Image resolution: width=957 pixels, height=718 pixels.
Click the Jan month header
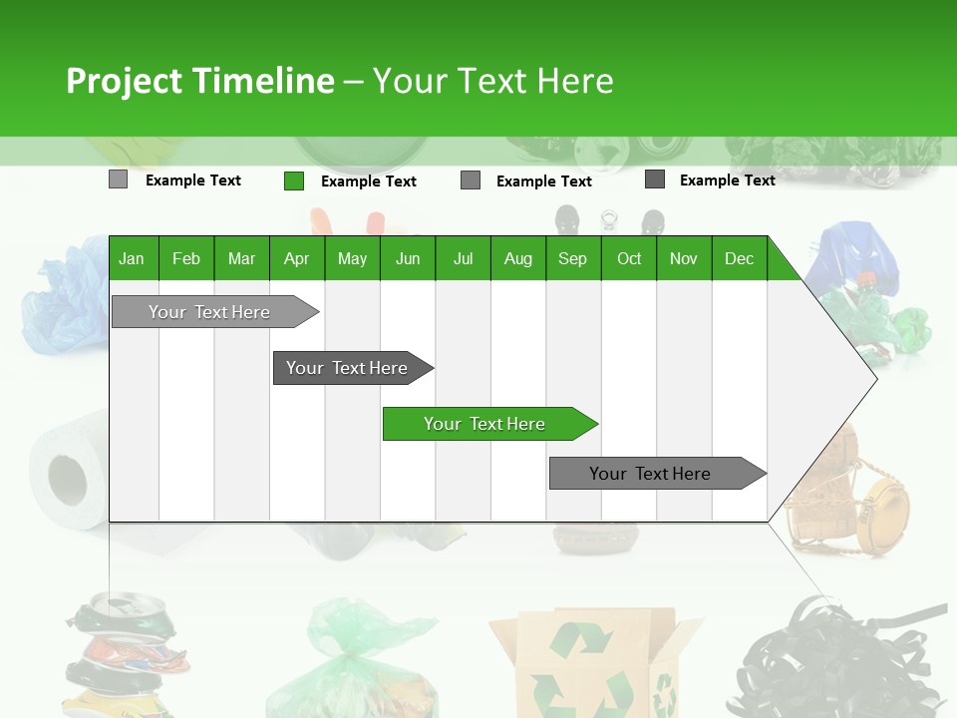coord(132,258)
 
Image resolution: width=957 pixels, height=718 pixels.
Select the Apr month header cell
coord(296,258)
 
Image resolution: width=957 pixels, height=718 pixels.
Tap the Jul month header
coord(463,258)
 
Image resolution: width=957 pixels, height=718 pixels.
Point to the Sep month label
coord(572,258)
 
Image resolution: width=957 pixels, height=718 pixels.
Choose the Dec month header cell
coord(739,258)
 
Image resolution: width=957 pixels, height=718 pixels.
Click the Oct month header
coord(629,258)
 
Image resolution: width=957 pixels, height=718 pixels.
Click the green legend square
coord(293,180)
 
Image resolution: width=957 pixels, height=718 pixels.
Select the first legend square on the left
coord(118,179)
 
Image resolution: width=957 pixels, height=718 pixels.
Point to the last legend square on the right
coord(655,179)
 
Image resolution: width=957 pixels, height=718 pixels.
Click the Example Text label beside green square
coord(368,181)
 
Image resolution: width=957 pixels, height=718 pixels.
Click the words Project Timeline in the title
coord(199,81)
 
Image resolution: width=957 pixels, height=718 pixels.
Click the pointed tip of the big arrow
coord(874,378)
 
